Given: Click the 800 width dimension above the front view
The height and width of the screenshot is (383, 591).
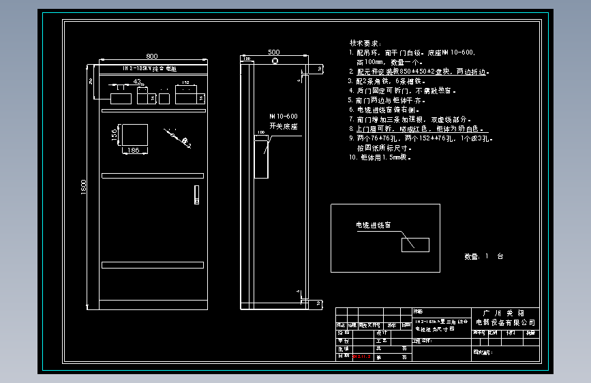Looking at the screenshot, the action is [151, 56].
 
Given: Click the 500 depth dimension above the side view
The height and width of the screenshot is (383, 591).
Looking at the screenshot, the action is [274, 52].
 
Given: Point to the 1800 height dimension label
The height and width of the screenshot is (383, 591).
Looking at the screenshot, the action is [84, 187].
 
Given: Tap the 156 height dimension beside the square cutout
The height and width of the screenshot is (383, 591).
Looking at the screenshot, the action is [115, 135].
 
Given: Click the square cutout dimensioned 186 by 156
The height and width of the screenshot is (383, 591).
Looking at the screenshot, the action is [134, 134].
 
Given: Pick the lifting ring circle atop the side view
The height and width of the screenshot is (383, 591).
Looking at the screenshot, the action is [276, 62].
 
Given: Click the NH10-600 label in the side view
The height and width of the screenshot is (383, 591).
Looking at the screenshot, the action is [283, 117].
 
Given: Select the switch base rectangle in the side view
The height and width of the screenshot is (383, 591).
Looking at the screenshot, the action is [261, 156].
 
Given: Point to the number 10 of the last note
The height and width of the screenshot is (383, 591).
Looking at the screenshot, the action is [352, 157].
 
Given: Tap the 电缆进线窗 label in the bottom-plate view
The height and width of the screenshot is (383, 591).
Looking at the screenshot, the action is [373, 224].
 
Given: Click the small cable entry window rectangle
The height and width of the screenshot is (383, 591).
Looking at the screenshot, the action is [415, 244].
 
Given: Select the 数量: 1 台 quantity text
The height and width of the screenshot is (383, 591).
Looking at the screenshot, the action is [483, 257].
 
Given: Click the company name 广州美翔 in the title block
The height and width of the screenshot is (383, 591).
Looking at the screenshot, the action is [504, 312].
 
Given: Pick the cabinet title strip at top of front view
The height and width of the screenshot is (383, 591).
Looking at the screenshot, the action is [151, 69].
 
